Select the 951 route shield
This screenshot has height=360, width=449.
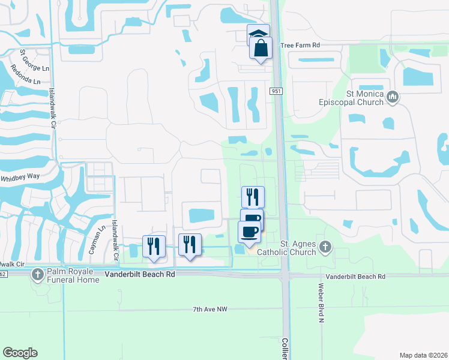tap(276, 91)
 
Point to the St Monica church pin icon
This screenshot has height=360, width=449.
tap(393, 96)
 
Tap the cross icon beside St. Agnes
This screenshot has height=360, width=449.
tap(325, 246)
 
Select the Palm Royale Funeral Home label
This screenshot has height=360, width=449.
tap(73, 275)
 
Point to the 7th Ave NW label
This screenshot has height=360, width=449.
tap(211, 310)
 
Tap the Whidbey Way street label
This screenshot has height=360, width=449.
tap(20, 178)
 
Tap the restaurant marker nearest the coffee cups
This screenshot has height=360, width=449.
tap(253, 197)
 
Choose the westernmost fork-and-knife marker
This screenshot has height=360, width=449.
tap(153, 247)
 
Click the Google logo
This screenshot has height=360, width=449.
tap(20, 353)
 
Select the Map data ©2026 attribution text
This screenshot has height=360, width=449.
tap(423, 355)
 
